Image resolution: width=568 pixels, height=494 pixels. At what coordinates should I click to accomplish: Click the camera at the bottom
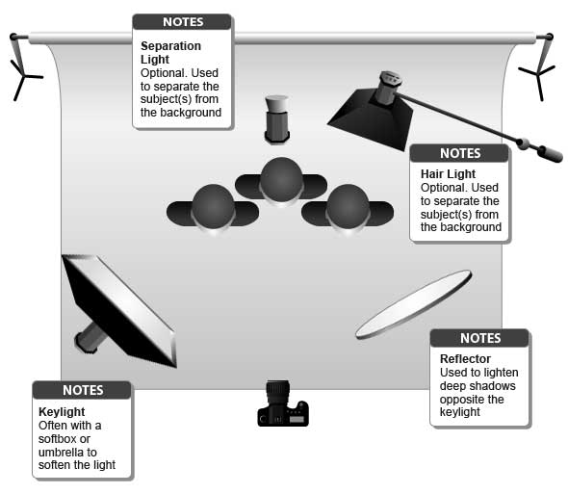[x=283, y=405]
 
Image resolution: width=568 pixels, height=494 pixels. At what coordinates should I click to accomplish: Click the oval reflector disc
[x=414, y=304]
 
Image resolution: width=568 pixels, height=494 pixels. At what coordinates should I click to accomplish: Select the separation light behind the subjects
[x=277, y=117]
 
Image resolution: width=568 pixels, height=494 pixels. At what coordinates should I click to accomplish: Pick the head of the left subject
[x=213, y=204]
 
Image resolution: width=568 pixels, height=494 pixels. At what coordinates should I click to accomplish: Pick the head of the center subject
[x=281, y=178]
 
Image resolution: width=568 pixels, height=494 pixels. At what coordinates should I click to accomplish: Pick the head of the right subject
[x=347, y=204]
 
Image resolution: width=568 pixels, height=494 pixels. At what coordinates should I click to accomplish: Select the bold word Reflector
[x=464, y=359]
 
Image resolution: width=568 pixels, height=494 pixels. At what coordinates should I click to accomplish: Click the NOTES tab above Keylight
[x=82, y=390]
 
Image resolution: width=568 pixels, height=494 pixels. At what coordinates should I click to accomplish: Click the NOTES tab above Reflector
[x=479, y=338]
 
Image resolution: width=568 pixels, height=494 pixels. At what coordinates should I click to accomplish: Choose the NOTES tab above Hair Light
[x=459, y=153]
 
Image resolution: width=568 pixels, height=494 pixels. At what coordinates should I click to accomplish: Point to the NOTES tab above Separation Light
[x=182, y=21]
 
